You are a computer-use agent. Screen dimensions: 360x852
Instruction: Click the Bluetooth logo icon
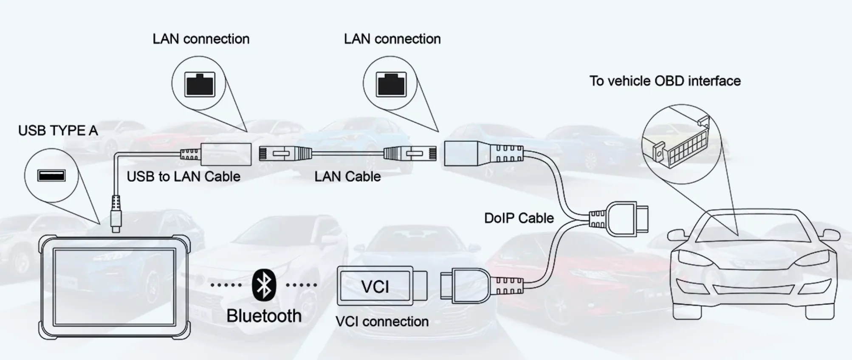[264, 285]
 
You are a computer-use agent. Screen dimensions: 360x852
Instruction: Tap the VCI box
[375, 286]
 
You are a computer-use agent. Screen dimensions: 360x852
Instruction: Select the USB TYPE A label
[58, 131]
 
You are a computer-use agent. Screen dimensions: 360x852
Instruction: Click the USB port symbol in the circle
[51, 175]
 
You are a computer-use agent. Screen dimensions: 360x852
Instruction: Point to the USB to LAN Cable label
[183, 177]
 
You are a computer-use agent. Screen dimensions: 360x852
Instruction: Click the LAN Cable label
[347, 177]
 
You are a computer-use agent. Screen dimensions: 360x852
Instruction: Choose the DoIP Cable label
[519, 218]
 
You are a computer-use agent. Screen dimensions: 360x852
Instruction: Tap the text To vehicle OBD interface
[665, 81]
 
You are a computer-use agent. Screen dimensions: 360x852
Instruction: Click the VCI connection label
[382, 322]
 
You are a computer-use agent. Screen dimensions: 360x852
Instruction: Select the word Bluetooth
[264, 316]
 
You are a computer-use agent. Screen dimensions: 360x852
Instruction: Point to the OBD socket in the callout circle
[682, 144]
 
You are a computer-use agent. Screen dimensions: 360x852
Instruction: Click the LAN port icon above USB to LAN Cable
[200, 84]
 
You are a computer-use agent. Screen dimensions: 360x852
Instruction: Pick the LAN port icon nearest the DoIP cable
[391, 84]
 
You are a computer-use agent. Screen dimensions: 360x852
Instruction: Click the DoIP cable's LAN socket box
[460, 153]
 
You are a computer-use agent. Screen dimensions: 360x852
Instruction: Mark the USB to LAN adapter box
[226, 154]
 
